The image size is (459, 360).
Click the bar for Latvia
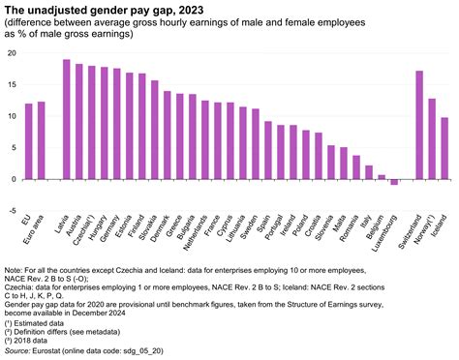point(66,120)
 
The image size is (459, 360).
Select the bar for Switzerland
point(419,125)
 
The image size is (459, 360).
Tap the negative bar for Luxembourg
point(394,182)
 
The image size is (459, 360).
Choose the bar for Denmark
point(167,135)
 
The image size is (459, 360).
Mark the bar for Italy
point(369,172)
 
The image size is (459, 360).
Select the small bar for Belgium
point(382,177)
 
